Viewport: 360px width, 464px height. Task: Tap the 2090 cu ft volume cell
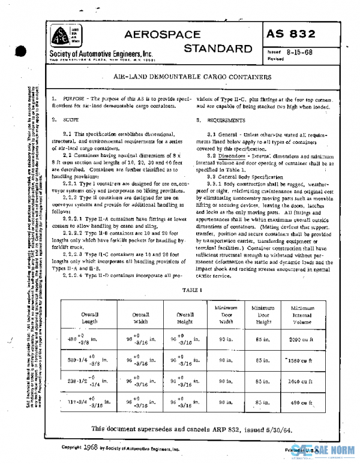pyautogui.click(x=298, y=339)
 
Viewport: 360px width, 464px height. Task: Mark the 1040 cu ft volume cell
pyautogui.click(x=298, y=381)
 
